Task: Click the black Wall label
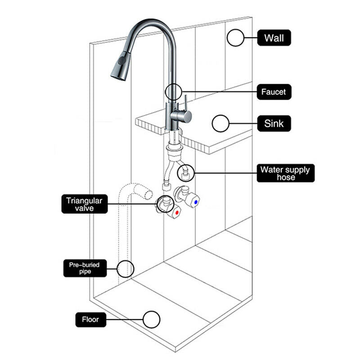click(x=274, y=38)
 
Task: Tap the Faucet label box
click(x=274, y=92)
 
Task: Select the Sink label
click(x=274, y=123)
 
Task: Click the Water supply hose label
click(x=286, y=173)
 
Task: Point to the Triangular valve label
click(x=85, y=204)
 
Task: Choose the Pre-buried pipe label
click(x=85, y=268)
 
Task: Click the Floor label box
click(x=91, y=319)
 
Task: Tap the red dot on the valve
click(x=177, y=212)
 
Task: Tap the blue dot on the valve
click(x=196, y=202)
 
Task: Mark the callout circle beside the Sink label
click(x=220, y=115)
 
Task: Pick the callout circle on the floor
click(x=151, y=311)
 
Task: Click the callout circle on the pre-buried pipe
click(x=125, y=260)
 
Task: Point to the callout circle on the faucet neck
click(x=173, y=84)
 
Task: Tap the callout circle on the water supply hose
click(x=186, y=165)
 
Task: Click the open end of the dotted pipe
click(x=149, y=194)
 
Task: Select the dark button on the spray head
click(x=121, y=61)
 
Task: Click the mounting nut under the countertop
click(x=175, y=147)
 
